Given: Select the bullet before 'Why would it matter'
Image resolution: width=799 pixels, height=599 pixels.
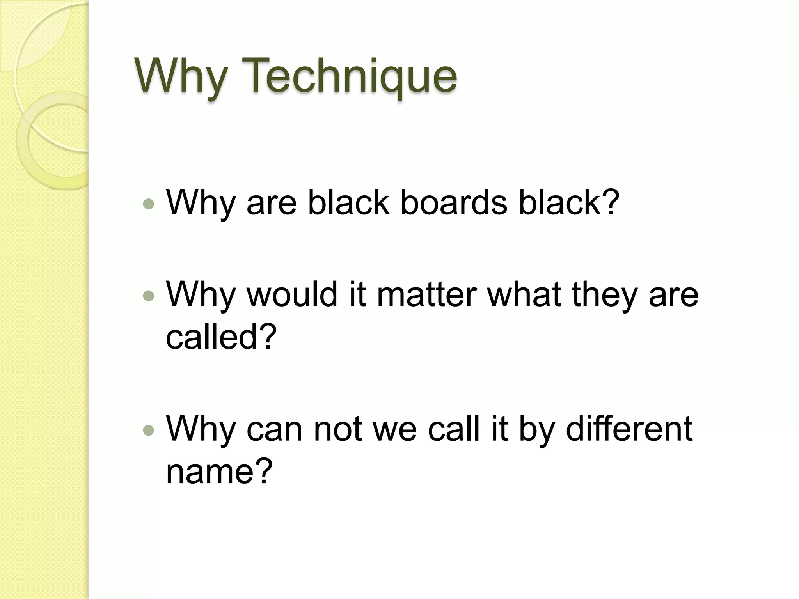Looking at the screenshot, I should (x=149, y=296).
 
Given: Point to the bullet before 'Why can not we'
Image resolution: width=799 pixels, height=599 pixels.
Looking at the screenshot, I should (x=149, y=430).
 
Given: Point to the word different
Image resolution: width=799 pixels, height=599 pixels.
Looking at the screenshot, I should (x=629, y=428).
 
